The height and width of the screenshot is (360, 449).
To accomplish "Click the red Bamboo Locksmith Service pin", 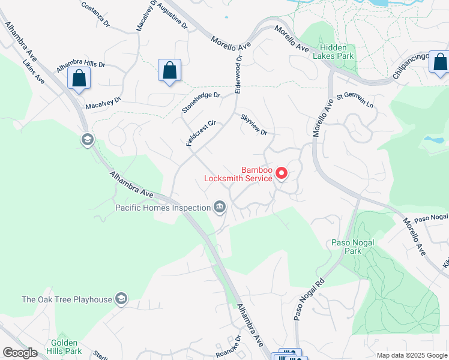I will (x=281, y=173).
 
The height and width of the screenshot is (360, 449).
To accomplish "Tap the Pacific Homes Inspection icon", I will (x=220, y=208).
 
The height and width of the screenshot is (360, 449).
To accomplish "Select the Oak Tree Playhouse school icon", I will (x=121, y=299).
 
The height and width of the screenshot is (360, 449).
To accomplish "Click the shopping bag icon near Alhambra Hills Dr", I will (x=79, y=78).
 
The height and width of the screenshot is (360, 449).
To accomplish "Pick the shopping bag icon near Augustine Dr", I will (x=170, y=70).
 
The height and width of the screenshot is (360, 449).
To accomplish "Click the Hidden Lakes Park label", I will (x=336, y=52).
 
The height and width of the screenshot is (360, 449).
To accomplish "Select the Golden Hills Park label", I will (x=66, y=346).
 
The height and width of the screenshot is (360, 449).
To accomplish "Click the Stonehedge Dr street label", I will (x=201, y=103).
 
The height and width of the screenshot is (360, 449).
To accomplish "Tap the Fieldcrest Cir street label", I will (x=200, y=133).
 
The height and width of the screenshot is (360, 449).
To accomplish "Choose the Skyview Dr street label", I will (x=253, y=124).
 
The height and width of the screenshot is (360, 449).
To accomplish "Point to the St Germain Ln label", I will (x=355, y=100).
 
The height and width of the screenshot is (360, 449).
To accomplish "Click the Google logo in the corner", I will (x=20, y=353).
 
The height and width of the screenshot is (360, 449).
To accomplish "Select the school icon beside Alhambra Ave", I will (x=87, y=140).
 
